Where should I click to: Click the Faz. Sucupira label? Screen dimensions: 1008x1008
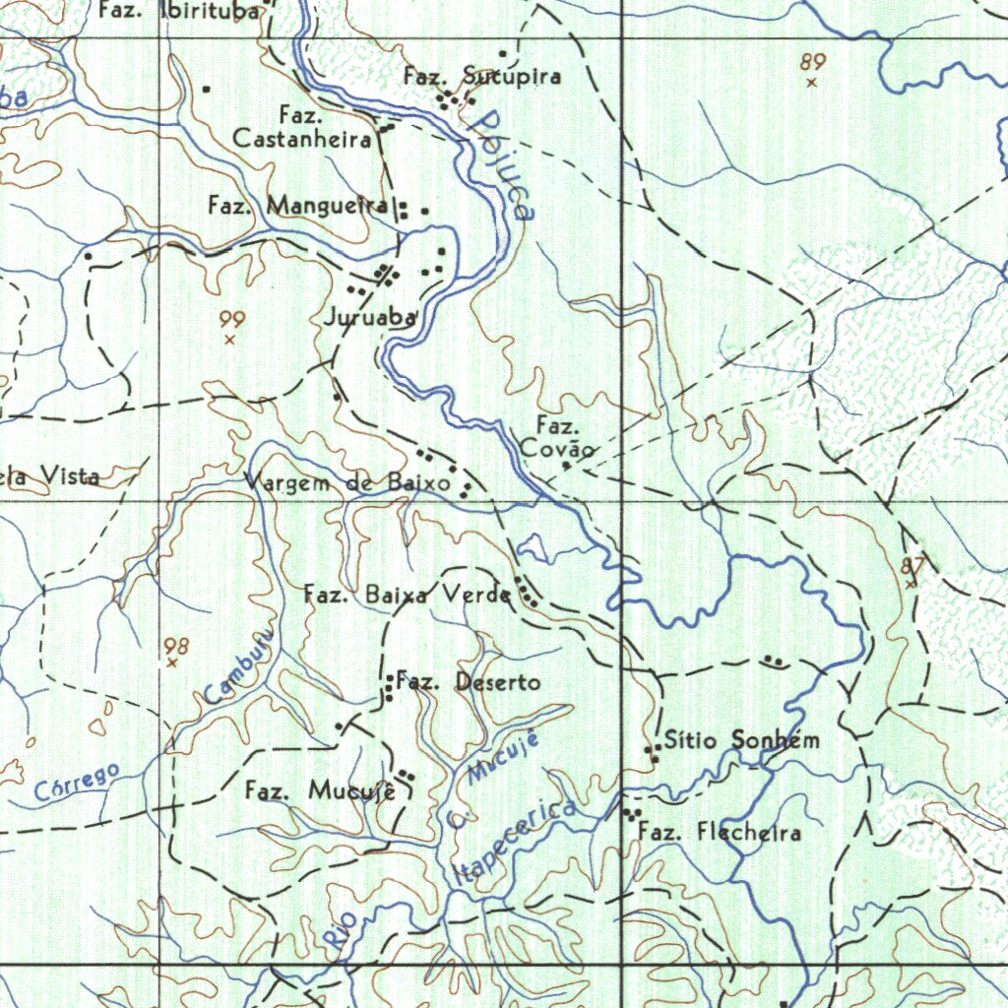pyautogui.click(x=482, y=76)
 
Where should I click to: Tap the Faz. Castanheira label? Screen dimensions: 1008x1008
pyautogui.click(x=302, y=128)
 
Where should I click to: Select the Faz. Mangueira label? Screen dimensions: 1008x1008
pyautogui.click(x=298, y=206)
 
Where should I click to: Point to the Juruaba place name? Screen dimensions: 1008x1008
pyautogui.click(x=369, y=318)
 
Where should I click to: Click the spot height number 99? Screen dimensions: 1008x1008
pyautogui.click(x=232, y=320)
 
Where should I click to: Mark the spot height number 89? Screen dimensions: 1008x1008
pyautogui.click(x=813, y=62)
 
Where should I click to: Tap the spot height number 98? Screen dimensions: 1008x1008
pyautogui.click(x=177, y=646)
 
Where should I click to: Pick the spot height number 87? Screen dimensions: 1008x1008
pyautogui.click(x=913, y=566)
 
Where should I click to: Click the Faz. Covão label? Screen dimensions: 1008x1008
pyautogui.click(x=557, y=439)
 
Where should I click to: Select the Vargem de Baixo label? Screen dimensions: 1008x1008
pyautogui.click(x=347, y=483)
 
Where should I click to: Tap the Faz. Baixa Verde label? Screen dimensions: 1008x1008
pyautogui.click(x=407, y=595)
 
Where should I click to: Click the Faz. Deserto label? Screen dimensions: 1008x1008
pyautogui.click(x=469, y=681)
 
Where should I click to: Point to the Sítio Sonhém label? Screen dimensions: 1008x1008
pyautogui.click(x=741, y=740)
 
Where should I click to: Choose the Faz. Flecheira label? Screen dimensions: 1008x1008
pyautogui.click(x=719, y=833)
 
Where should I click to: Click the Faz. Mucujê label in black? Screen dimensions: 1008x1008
pyautogui.click(x=320, y=790)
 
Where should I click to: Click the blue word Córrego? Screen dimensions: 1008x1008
pyautogui.click(x=77, y=782)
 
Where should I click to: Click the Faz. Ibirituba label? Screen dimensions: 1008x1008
pyautogui.click(x=183, y=11)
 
